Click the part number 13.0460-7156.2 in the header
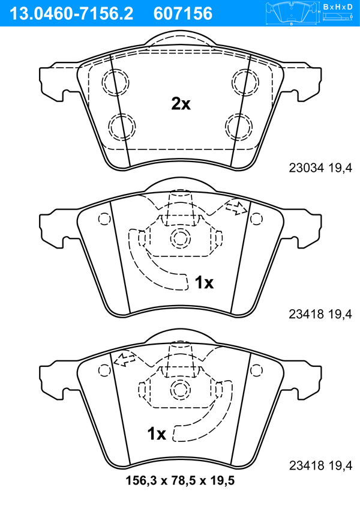click(x=71, y=14)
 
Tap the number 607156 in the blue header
click(x=183, y=14)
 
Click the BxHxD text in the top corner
click(x=338, y=7)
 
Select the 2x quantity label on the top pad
click(x=181, y=104)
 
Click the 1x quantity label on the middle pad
click(x=204, y=282)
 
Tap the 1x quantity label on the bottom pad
click(x=157, y=434)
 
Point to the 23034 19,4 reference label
click(x=320, y=168)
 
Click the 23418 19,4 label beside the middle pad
click(x=320, y=314)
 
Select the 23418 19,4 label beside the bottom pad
click(x=320, y=465)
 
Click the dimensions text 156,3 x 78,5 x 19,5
click(x=180, y=481)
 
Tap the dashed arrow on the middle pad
click(x=236, y=208)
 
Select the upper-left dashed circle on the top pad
click(x=115, y=82)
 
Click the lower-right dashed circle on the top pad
click(x=239, y=127)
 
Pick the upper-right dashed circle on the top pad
click(x=245, y=82)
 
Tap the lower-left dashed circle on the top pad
click(x=122, y=127)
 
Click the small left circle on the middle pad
click(x=104, y=219)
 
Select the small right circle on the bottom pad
click(x=256, y=370)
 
